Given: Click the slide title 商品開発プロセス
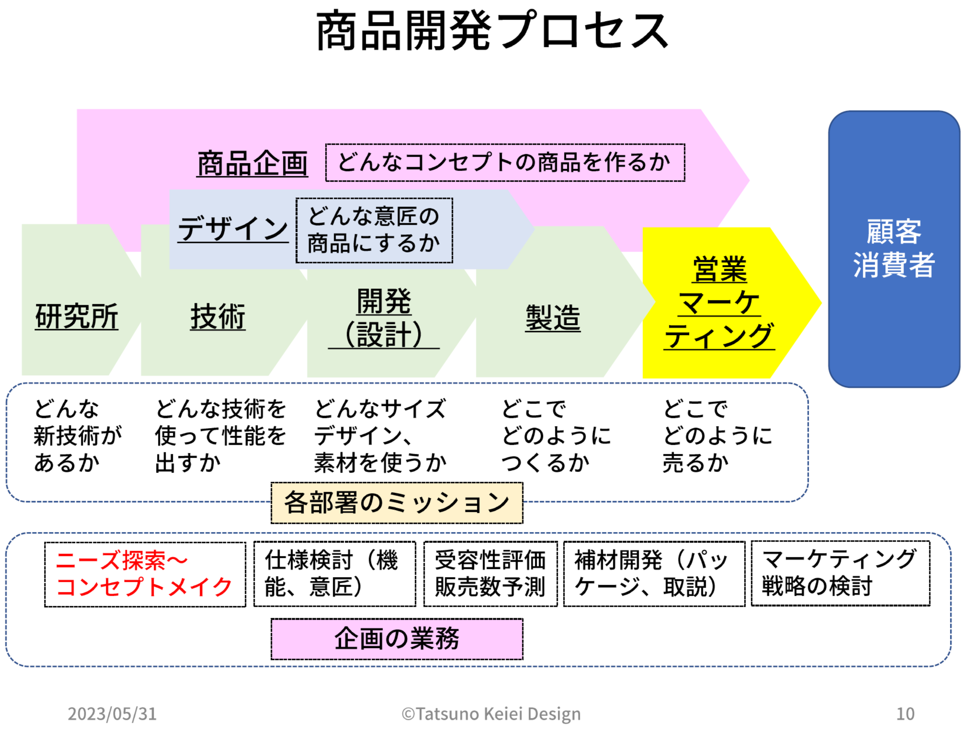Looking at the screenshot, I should coord(492,31).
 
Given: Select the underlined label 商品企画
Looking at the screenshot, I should coord(252,163).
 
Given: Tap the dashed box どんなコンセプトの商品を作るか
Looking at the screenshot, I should coord(505,162).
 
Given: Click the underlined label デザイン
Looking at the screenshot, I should coord(233,229).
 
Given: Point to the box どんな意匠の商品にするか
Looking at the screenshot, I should coord(374,230).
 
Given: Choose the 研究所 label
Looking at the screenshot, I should coord(77,316).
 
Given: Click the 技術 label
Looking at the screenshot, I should coord(218,316).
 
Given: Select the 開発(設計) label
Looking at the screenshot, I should coord(384,318).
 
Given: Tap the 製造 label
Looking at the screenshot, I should coord(553,317).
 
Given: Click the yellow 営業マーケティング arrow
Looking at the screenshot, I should coord(719,303).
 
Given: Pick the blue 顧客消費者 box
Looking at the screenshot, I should coord(893,249).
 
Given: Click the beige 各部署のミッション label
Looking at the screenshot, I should coord(396,503).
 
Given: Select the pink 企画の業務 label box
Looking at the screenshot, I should coord(396,638).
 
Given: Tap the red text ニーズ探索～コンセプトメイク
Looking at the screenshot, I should coord(145,574).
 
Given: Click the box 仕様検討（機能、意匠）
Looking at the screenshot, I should coord(334,574).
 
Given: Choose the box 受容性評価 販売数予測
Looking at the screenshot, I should coord(490,574).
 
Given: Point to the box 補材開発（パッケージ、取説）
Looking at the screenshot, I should coord(654,574).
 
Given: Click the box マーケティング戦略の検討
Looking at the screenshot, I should coord(840,573).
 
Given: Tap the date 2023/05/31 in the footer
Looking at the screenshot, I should coord(112,714).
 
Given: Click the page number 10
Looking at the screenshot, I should coord(905,714).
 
